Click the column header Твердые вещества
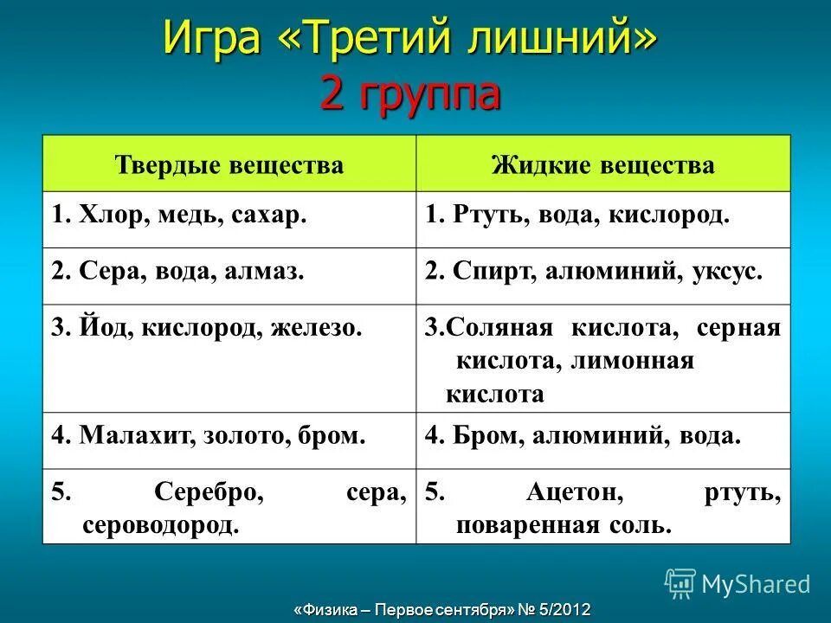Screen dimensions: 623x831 [x=229, y=164]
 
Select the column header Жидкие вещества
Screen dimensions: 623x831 [x=603, y=164]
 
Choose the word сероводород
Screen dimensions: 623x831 [x=160, y=524]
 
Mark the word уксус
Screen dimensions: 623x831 [x=727, y=272]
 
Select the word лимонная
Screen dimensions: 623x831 [x=634, y=361]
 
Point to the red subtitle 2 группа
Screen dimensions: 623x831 [x=410, y=93]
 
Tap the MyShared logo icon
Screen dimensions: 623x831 [x=680, y=583]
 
